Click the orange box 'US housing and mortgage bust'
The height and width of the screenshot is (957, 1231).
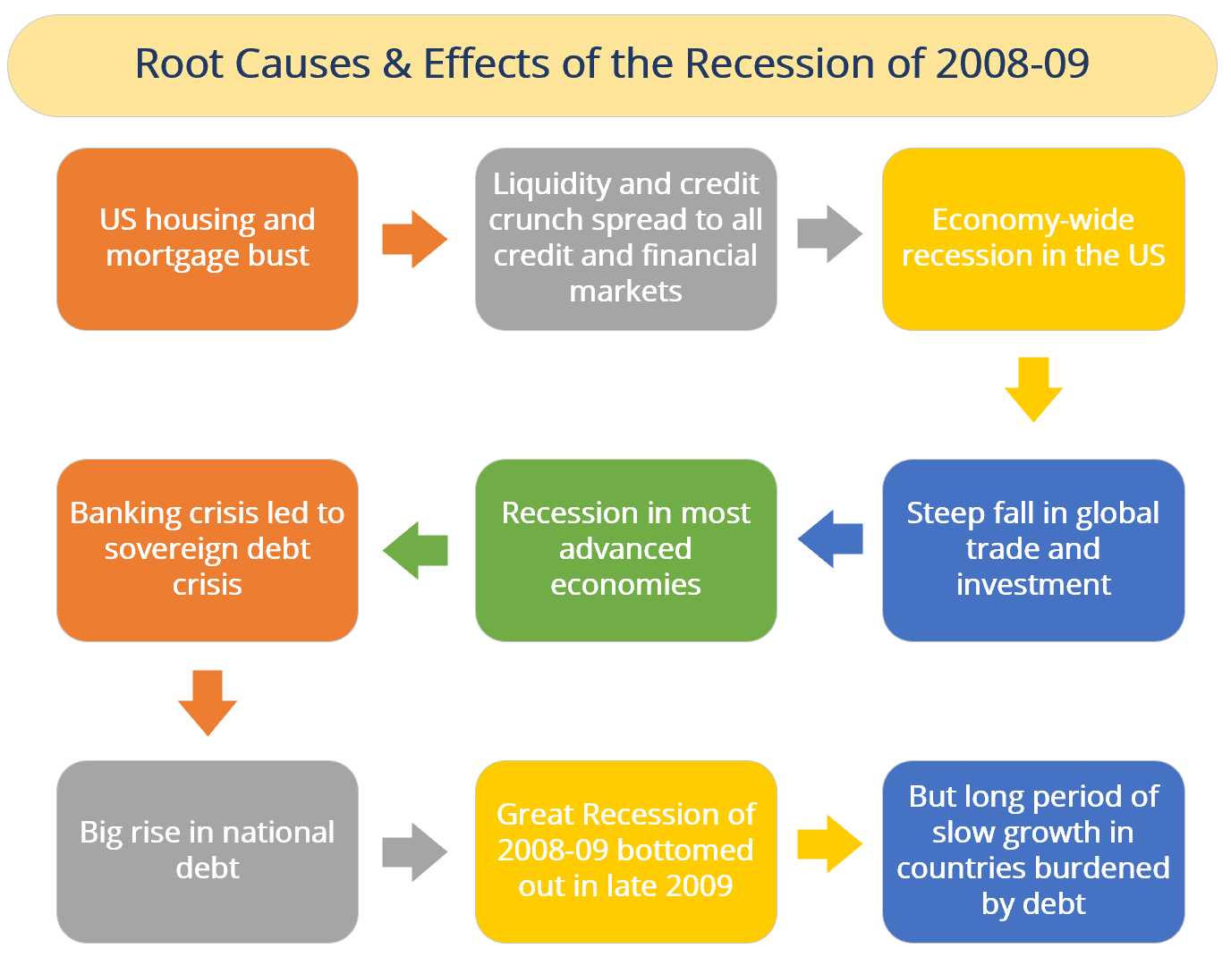(208, 239)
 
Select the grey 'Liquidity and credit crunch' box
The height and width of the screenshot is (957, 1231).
(625, 239)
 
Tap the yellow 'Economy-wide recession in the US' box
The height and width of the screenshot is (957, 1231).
(1033, 239)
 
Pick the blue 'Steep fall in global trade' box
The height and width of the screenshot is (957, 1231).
(1033, 550)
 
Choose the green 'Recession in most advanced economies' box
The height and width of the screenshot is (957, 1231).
(625, 550)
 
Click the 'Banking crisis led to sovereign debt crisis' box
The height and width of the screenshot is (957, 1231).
(208, 550)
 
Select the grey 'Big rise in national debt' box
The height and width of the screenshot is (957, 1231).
(208, 851)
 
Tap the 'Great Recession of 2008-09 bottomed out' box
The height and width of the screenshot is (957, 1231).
(625, 851)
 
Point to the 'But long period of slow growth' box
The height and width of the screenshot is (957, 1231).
(1033, 851)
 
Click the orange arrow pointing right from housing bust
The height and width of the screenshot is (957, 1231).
(414, 239)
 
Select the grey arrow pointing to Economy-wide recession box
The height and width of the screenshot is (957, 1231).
(829, 234)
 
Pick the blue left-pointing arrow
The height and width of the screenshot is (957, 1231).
(830, 538)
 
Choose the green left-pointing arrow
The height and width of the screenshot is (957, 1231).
(416, 550)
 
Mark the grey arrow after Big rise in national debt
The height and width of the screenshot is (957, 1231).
(414, 852)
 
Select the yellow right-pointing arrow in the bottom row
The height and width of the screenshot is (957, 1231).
(829, 843)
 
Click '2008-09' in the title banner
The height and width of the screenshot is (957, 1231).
(1012, 64)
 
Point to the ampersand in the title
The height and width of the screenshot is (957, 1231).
(396, 64)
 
